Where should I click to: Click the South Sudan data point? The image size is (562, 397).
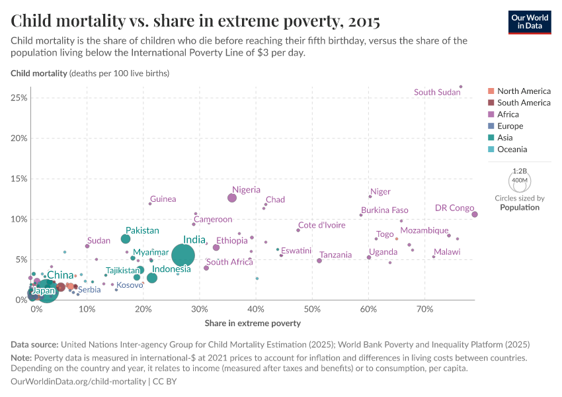point(461,87)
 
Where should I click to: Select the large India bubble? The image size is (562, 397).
point(183,255)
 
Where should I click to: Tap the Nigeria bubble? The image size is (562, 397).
point(232,198)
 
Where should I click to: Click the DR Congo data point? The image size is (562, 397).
point(475,214)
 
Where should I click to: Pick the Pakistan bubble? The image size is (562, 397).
point(126,239)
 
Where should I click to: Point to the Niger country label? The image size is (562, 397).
point(380,192)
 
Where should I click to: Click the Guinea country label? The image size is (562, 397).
point(163,199)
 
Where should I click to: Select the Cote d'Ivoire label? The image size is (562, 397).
point(321,225)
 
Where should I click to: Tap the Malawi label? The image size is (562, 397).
point(447,252)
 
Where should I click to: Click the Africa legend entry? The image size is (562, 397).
point(510,114)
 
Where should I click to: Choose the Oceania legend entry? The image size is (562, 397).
point(513,150)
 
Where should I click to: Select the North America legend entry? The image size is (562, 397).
point(524,91)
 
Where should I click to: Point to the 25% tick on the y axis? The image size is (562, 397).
point(18,98)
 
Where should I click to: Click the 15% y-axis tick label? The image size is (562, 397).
point(18,179)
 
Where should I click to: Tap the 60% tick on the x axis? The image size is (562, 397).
point(369,309)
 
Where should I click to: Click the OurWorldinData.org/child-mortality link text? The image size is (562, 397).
point(79,382)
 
